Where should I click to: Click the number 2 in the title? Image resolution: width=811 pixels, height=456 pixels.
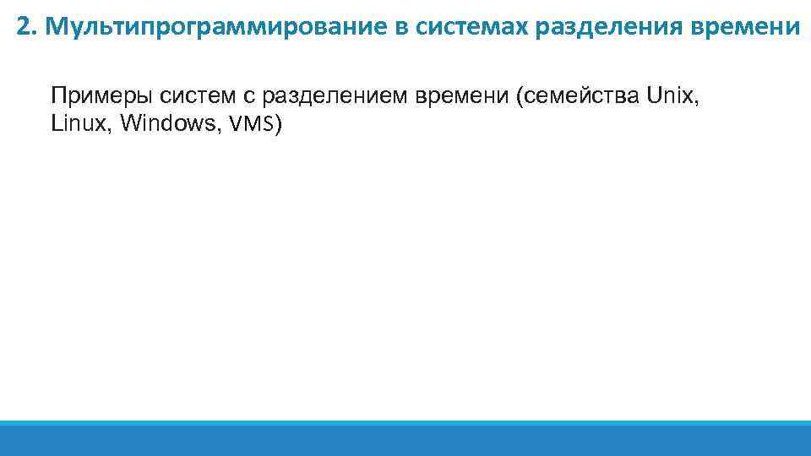(23, 28)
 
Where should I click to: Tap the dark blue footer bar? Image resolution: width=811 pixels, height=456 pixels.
(405, 441)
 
